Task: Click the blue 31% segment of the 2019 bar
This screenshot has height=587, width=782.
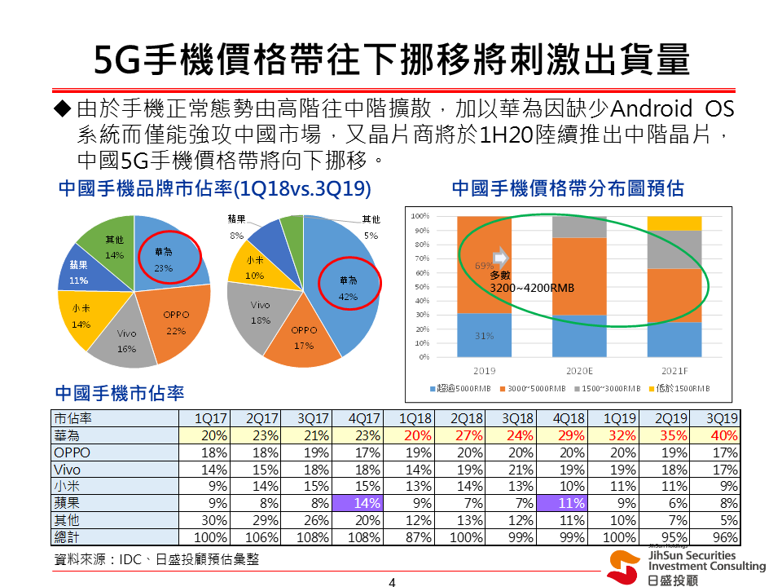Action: click(x=484, y=335)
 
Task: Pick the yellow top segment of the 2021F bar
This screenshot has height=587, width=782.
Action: click(x=674, y=223)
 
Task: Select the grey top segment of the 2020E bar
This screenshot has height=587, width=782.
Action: click(x=579, y=227)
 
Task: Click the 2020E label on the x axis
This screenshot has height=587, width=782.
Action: click(x=579, y=369)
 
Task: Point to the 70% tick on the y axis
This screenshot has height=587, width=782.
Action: click(x=420, y=258)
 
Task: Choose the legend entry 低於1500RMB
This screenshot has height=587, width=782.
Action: click(x=683, y=388)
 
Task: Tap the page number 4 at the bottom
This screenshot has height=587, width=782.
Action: click(x=391, y=581)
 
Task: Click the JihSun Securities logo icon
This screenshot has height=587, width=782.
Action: click(x=623, y=566)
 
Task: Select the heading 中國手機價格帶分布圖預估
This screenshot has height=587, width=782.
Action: click(x=567, y=189)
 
